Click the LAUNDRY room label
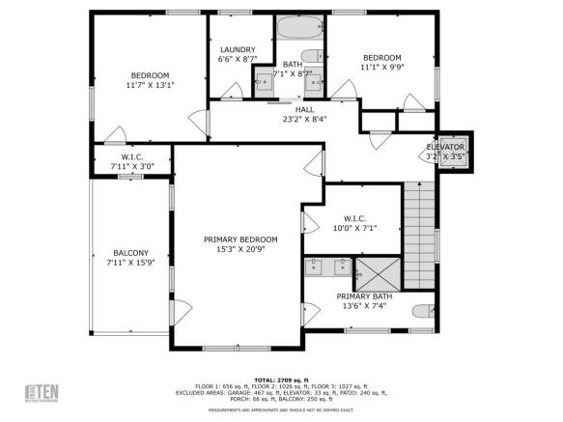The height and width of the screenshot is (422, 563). (237, 49)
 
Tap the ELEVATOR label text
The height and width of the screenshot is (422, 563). (445, 147)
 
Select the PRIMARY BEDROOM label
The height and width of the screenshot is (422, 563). (240, 239)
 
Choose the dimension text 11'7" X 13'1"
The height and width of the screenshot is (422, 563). (150, 85)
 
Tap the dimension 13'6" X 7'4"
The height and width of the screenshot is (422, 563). (364, 306)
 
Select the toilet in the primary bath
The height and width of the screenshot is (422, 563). (422, 311)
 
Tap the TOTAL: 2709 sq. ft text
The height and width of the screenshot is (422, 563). (281, 380)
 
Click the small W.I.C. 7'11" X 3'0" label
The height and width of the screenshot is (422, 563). (132, 161)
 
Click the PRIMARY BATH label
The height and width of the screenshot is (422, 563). (364, 296)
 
